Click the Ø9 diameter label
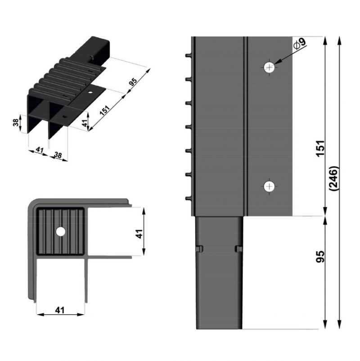[x=299, y=43]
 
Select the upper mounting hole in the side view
[x=269, y=67]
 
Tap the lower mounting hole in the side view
[x=269, y=186]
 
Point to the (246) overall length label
[x=333, y=178]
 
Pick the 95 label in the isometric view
[x=133, y=81]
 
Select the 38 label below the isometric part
[x=58, y=155]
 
